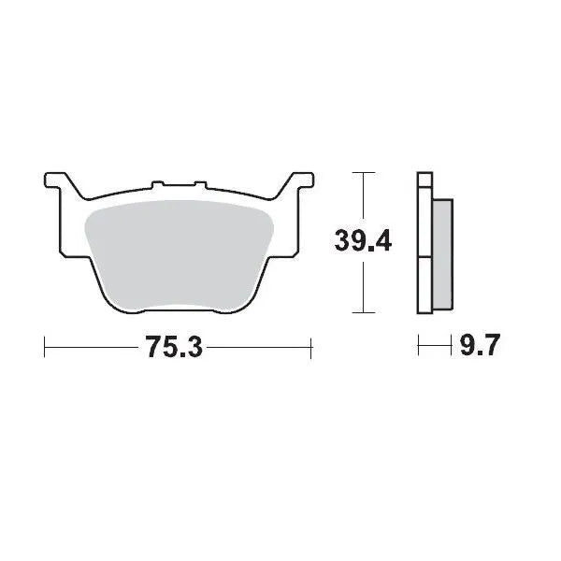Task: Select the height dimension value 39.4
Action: [x=363, y=241]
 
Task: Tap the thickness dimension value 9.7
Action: [x=481, y=348]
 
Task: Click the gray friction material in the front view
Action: [x=178, y=252]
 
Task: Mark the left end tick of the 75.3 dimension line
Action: [x=45, y=348]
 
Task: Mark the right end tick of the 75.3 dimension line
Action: [x=310, y=348]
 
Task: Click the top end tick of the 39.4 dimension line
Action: [x=362, y=173]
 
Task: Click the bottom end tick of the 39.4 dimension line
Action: [x=362, y=313]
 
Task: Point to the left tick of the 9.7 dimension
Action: [x=418, y=348]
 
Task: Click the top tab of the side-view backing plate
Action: [x=424, y=180]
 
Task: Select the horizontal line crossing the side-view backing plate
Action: [x=425, y=257]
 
